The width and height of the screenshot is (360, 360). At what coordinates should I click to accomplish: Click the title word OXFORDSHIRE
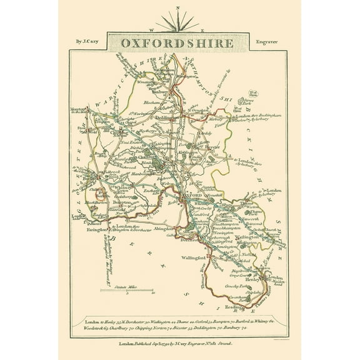pyautogui.click(x=179, y=44)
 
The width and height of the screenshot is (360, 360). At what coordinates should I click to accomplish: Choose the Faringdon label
pyautogui.click(x=95, y=231)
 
